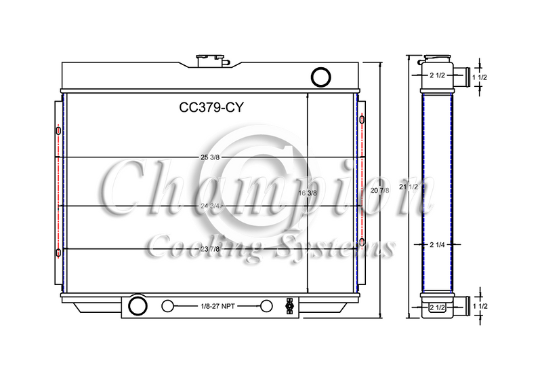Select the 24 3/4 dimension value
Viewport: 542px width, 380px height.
[x=210, y=206]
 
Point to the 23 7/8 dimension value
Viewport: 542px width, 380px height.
[x=210, y=249]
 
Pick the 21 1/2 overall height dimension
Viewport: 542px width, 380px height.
[x=410, y=185]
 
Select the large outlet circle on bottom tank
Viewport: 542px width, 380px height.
[x=138, y=305]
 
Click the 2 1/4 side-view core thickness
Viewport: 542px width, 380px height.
[x=436, y=245]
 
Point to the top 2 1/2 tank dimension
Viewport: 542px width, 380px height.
[x=437, y=75]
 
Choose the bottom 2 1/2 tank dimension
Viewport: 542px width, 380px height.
[x=437, y=308]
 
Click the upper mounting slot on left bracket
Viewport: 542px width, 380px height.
[x=58, y=130]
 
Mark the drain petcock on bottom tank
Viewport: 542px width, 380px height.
[x=290, y=305]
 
